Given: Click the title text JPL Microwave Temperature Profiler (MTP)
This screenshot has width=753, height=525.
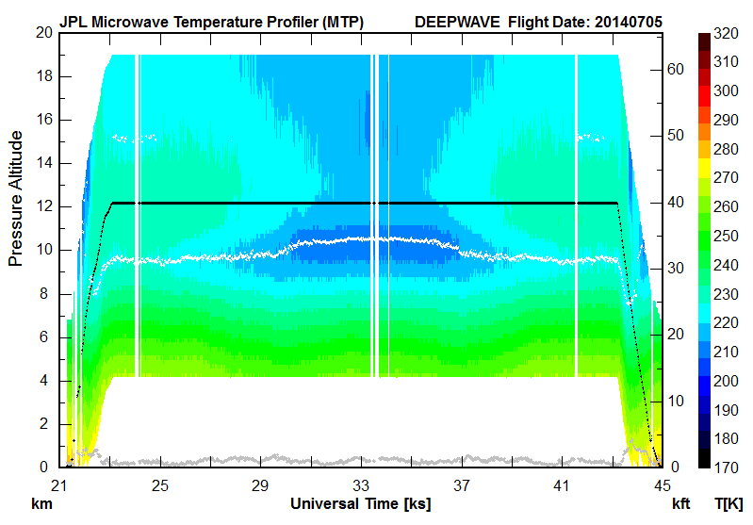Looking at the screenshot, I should point(211,20).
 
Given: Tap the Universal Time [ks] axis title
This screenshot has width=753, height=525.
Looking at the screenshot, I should point(360,504).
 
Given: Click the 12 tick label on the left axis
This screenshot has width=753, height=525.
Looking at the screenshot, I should point(41,206).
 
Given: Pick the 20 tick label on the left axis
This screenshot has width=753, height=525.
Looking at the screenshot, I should point(41,32).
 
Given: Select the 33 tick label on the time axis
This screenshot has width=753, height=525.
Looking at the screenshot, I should point(361,485).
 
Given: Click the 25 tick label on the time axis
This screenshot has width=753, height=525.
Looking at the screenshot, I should point(159,485).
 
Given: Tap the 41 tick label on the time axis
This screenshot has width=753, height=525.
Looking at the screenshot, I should point(562,485).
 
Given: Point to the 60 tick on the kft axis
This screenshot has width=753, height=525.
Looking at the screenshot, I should point(675,69).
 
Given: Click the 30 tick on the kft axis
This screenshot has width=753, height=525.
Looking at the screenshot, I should point(675,268).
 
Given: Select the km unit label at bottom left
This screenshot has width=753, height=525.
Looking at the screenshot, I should point(41,504).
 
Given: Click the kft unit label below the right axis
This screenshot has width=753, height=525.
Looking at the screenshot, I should point(681,504).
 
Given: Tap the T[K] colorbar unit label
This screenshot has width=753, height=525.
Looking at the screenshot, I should point(728,504).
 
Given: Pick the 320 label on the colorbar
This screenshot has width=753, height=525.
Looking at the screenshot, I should point(726,32).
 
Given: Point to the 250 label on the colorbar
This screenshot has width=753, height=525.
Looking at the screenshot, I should point(726,236).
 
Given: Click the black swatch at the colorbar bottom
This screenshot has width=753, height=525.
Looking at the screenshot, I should point(704,460).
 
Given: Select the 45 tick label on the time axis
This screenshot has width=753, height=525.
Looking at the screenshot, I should point(662,485).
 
